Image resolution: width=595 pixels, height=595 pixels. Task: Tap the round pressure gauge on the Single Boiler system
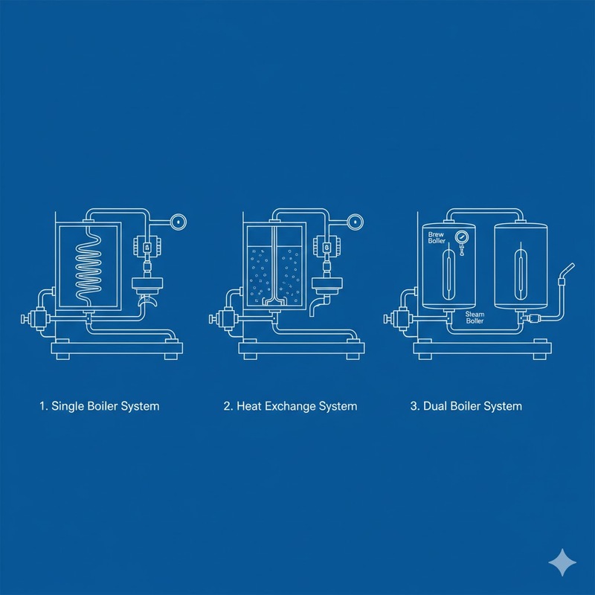point(178,221)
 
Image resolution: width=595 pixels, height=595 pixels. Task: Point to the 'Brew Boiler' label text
point(437,237)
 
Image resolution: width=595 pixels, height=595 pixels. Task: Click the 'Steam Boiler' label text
point(475,318)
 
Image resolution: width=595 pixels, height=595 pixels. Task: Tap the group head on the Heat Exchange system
point(326,286)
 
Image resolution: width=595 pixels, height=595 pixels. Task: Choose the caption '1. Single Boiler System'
point(99,406)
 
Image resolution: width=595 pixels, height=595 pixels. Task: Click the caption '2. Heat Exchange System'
point(290,406)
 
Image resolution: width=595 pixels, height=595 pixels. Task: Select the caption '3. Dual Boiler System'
point(466,406)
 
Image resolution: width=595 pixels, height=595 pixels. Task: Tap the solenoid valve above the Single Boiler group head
point(146,246)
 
